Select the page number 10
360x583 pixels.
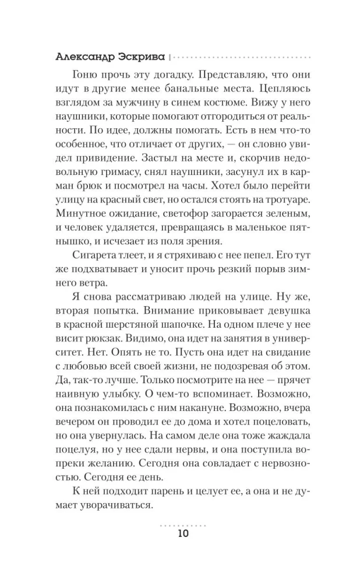[x=180, y=533]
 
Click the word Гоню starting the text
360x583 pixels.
[x=84, y=75]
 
